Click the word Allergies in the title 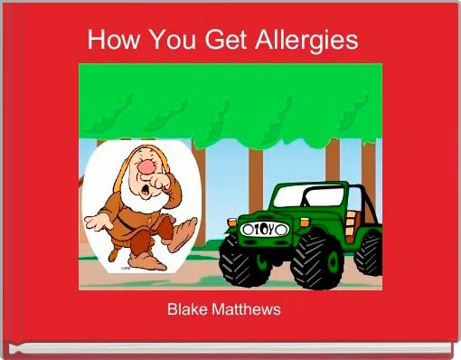[x=309, y=41]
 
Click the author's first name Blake [x=187, y=309]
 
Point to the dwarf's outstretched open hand [x=95, y=220]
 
